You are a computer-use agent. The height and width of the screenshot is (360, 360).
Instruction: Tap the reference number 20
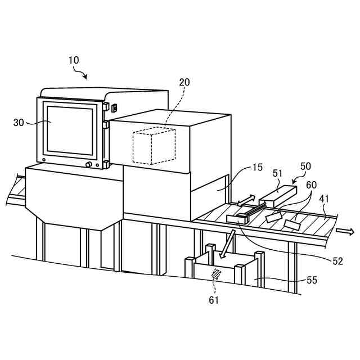(x=184, y=82)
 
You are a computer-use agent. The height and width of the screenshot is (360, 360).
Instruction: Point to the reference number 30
(x=19, y=122)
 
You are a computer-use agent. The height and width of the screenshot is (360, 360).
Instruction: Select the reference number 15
(x=257, y=168)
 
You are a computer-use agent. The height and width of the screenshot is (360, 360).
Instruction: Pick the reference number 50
(x=305, y=166)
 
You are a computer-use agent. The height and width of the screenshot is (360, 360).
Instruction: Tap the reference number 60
(x=311, y=184)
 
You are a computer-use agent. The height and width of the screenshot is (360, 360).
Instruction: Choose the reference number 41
(x=325, y=199)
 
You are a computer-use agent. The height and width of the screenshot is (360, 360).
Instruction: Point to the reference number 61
(x=214, y=300)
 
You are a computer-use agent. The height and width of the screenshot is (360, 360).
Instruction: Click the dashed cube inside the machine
(x=154, y=146)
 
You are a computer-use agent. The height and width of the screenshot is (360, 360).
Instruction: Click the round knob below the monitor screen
(x=88, y=165)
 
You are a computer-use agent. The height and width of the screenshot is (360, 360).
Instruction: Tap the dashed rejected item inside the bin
(x=215, y=274)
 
